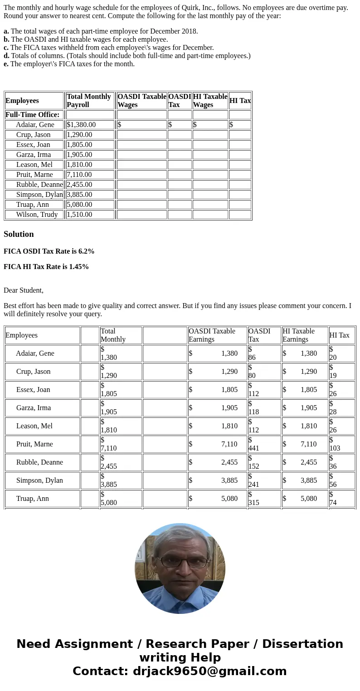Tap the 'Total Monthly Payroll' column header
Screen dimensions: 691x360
click(x=89, y=100)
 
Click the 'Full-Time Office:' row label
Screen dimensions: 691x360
click(x=33, y=115)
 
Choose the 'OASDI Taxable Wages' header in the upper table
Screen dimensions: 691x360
click(x=141, y=100)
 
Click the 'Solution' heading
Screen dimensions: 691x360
click(x=19, y=234)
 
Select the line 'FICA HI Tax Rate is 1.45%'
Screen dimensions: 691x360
click(x=46, y=267)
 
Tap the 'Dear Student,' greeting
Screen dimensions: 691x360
click(x=24, y=290)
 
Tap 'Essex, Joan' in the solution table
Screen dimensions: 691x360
click(x=33, y=390)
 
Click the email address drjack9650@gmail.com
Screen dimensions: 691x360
click(x=209, y=671)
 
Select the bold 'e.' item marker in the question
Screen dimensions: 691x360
click(x=6, y=64)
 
